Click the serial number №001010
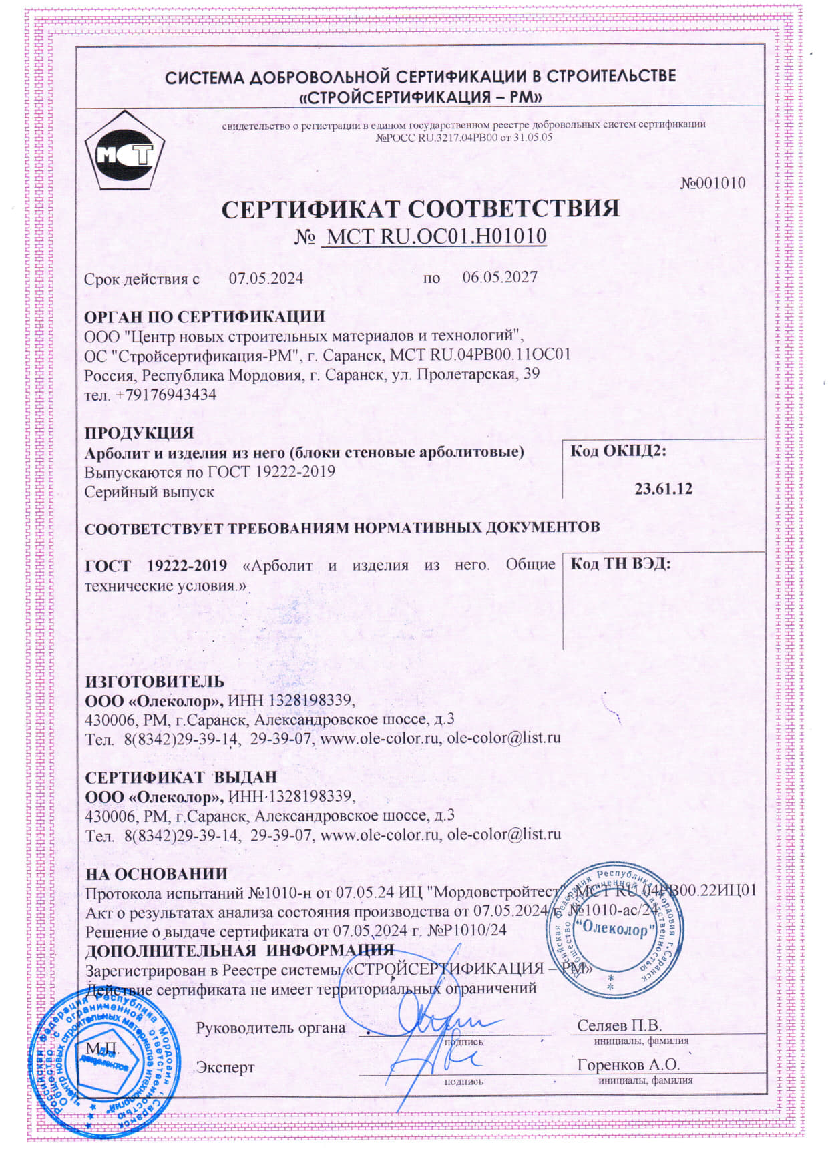click(712, 184)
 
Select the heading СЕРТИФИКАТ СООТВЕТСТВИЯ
click(420, 209)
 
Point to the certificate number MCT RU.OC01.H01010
click(433, 236)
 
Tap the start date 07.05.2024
click(266, 278)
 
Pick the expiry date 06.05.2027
click(499, 278)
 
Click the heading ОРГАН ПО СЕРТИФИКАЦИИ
click(204, 316)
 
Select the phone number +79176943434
click(166, 395)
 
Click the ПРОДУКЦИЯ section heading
click(140, 433)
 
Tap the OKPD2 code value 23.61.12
click(663, 489)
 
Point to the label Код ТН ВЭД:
click(620, 563)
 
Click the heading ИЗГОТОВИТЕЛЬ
click(155, 682)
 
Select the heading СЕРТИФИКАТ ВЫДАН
click(181, 777)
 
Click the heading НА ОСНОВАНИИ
click(156, 873)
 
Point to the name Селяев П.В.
click(619, 1025)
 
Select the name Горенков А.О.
click(628, 1064)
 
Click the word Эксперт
click(225, 1067)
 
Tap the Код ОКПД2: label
click(618, 451)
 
